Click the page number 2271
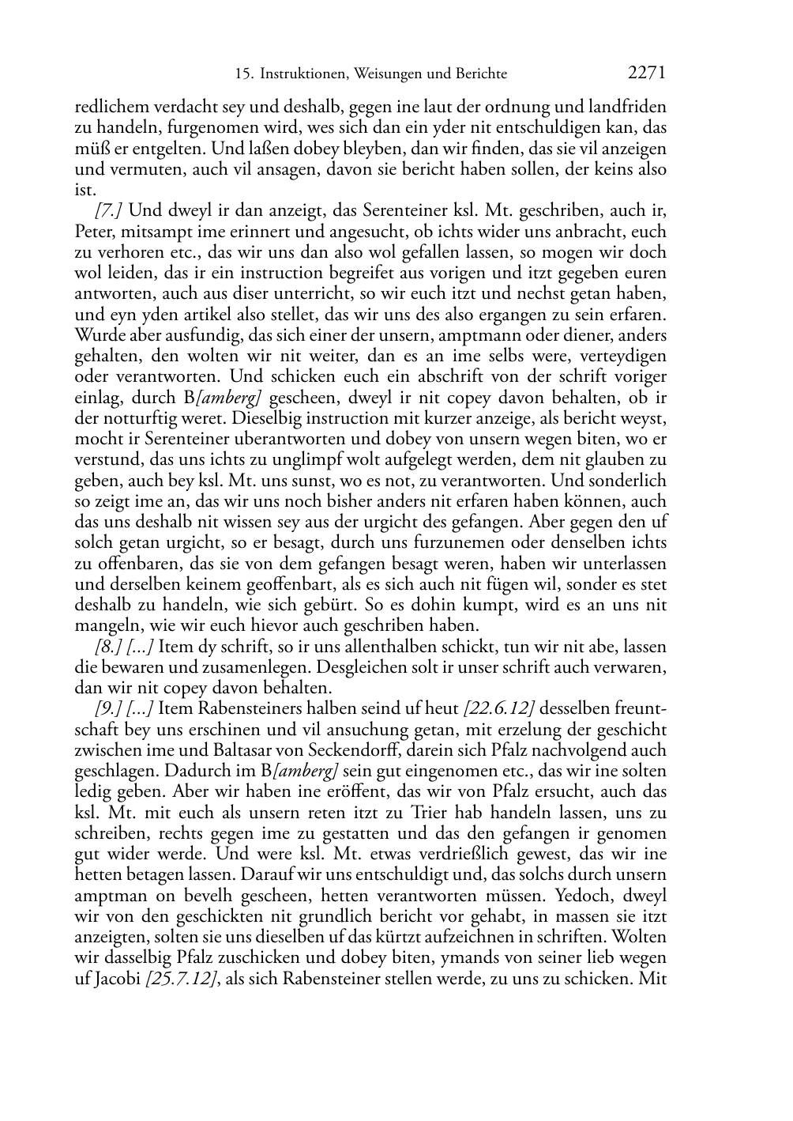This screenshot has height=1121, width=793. coord(647,74)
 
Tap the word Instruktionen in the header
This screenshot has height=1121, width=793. coord(303,74)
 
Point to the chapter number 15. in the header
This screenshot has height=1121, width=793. coord(244,74)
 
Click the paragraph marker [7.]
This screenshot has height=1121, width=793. coord(108,211)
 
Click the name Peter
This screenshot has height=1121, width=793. coord(93,232)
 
